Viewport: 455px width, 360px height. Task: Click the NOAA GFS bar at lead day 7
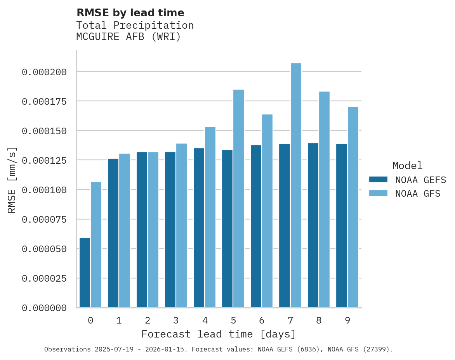(296, 185)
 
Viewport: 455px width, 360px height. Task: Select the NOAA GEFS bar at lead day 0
(85, 273)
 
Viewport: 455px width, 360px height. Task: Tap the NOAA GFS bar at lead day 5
(239, 199)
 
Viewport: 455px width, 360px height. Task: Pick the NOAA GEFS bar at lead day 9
(342, 226)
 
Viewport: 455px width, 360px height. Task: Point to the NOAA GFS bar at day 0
(96, 245)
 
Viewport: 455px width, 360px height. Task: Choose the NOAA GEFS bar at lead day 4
(199, 228)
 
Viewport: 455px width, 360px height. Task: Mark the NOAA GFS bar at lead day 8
(324, 199)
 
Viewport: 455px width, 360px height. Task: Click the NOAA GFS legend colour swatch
(378, 193)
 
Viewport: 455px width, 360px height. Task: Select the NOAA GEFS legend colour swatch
(378, 180)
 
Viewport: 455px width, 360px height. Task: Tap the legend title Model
(407, 166)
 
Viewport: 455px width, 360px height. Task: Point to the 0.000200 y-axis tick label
(44, 72)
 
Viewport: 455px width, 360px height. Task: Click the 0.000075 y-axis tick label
(44, 220)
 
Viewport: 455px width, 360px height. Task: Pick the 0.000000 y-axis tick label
(44, 308)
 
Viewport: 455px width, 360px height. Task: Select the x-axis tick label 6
(262, 320)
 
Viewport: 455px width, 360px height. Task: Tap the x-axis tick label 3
(176, 320)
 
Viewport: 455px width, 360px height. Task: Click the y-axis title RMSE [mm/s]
(12, 180)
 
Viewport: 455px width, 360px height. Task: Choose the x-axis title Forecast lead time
(219, 334)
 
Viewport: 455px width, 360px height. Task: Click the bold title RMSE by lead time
(130, 13)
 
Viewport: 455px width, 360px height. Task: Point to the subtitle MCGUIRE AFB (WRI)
(129, 37)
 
